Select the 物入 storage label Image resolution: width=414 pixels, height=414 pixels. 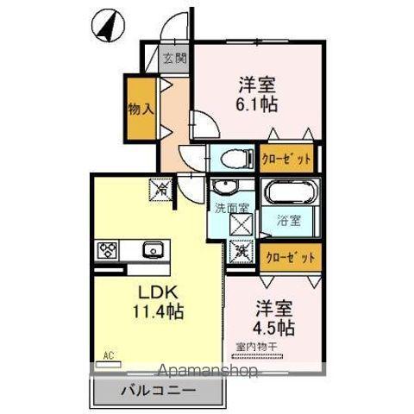click(140, 110)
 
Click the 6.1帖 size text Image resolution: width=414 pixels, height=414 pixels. click(257, 106)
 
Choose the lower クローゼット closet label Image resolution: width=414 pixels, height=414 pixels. click(288, 256)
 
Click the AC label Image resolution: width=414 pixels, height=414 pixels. click(109, 354)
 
